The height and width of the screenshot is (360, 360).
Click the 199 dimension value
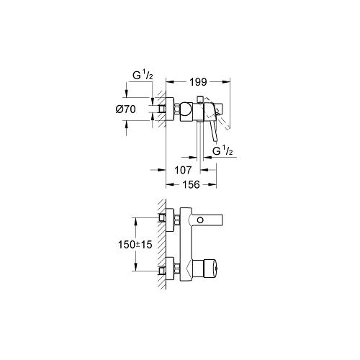198,82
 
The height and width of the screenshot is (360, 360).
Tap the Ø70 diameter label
126,109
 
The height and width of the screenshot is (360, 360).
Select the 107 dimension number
183,170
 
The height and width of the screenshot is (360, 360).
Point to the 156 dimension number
191,184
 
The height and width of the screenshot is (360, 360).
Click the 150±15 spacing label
135,245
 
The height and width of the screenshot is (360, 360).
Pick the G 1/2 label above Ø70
143,76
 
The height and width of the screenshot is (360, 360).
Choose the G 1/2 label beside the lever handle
222,151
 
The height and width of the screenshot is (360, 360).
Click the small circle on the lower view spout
200,220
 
